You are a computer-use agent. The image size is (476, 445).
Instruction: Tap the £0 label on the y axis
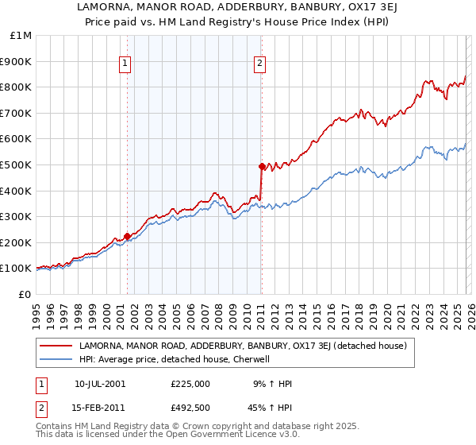click(x=26, y=294)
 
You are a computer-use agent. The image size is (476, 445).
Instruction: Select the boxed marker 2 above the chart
click(x=260, y=65)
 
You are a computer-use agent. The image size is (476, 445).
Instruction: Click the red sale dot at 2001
click(x=127, y=236)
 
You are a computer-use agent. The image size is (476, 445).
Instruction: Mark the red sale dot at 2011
click(x=261, y=167)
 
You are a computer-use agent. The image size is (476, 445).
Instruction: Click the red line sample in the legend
click(x=56, y=346)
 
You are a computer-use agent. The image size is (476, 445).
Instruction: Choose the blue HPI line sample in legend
click(x=56, y=359)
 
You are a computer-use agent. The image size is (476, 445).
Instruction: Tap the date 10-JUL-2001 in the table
click(x=100, y=384)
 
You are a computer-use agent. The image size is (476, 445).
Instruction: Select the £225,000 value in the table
click(x=190, y=384)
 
